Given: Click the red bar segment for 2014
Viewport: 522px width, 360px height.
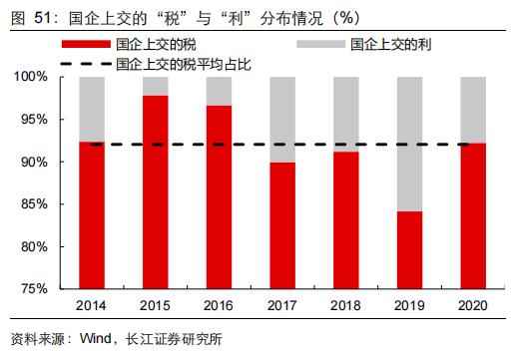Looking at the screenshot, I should click(x=92, y=214).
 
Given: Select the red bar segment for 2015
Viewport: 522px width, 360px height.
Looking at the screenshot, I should click(x=156, y=191).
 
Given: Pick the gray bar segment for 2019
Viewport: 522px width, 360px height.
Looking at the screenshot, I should click(x=410, y=144).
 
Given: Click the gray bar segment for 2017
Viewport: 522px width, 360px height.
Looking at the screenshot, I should click(x=282, y=119).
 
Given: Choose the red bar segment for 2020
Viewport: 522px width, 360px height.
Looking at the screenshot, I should click(x=473, y=215).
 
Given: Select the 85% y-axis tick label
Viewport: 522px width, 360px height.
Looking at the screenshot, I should click(x=35, y=204).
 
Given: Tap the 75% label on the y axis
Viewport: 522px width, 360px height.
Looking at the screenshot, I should click(x=35, y=289).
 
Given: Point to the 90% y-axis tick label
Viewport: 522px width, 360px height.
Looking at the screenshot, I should click(x=35, y=162).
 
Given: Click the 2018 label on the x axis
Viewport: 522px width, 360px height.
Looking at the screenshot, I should click(x=346, y=304).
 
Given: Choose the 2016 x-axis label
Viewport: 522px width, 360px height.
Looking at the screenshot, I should click(x=219, y=304).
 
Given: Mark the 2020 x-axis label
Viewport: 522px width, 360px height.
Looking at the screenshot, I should click(x=473, y=304).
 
